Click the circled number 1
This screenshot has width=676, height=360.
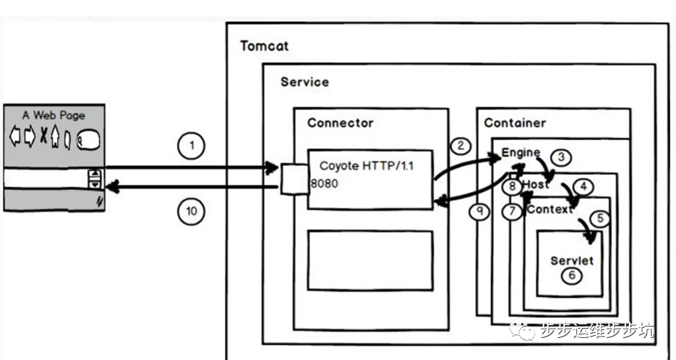pos(191,147)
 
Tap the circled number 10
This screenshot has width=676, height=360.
pos(191,211)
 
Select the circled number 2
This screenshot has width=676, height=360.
pos(461,146)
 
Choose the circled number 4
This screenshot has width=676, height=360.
pos(583,186)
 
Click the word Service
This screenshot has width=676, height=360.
pos(305,82)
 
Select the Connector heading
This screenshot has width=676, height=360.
pos(340,123)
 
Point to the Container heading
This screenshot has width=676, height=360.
pos(515,123)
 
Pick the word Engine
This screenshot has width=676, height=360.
pos(521,153)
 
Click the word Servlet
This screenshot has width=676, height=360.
pos(571,260)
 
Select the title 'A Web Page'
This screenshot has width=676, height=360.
pos(53,115)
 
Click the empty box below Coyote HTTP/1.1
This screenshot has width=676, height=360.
pos(370,260)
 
